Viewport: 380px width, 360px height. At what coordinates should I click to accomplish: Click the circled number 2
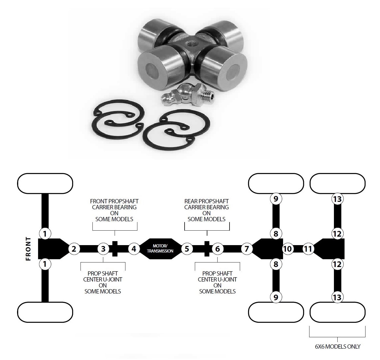click(74, 249)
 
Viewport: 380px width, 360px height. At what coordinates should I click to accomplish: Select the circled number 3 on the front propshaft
click(103, 249)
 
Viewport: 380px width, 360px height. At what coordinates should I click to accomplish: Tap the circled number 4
click(134, 249)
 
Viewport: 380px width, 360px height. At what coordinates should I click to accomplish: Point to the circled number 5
click(187, 249)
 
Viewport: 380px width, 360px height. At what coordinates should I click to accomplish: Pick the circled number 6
click(218, 249)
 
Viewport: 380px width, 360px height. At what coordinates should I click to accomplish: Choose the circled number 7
click(247, 249)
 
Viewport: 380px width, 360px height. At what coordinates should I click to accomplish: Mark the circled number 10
click(288, 249)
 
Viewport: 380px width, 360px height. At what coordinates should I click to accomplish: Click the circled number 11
click(308, 249)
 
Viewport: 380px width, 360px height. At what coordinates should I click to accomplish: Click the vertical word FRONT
click(28, 249)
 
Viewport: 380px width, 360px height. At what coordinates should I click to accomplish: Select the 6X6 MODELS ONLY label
click(337, 347)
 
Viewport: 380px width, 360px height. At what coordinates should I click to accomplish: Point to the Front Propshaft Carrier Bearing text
click(114, 210)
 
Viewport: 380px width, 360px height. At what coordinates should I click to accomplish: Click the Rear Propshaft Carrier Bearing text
click(206, 210)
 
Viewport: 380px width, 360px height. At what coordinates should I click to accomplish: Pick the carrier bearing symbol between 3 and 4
click(115, 249)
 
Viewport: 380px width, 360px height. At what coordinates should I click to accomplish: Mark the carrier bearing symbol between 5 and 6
click(207, 249)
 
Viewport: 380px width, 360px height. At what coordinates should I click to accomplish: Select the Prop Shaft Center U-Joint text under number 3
click(103, 282)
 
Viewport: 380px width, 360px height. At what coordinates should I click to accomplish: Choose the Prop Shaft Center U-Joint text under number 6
click(217, 282)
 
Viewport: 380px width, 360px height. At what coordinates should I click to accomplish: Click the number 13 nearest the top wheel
click(337, 199)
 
